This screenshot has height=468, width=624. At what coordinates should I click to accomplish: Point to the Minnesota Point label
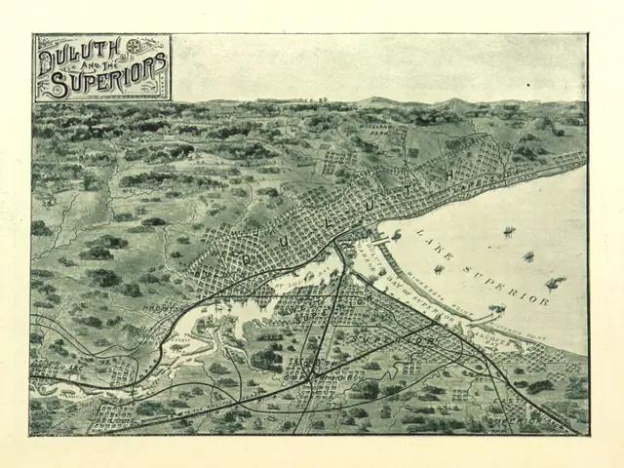click(x=439, y=283)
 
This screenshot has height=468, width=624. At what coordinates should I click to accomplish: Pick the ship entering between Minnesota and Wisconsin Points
click(x=495, y=310)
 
